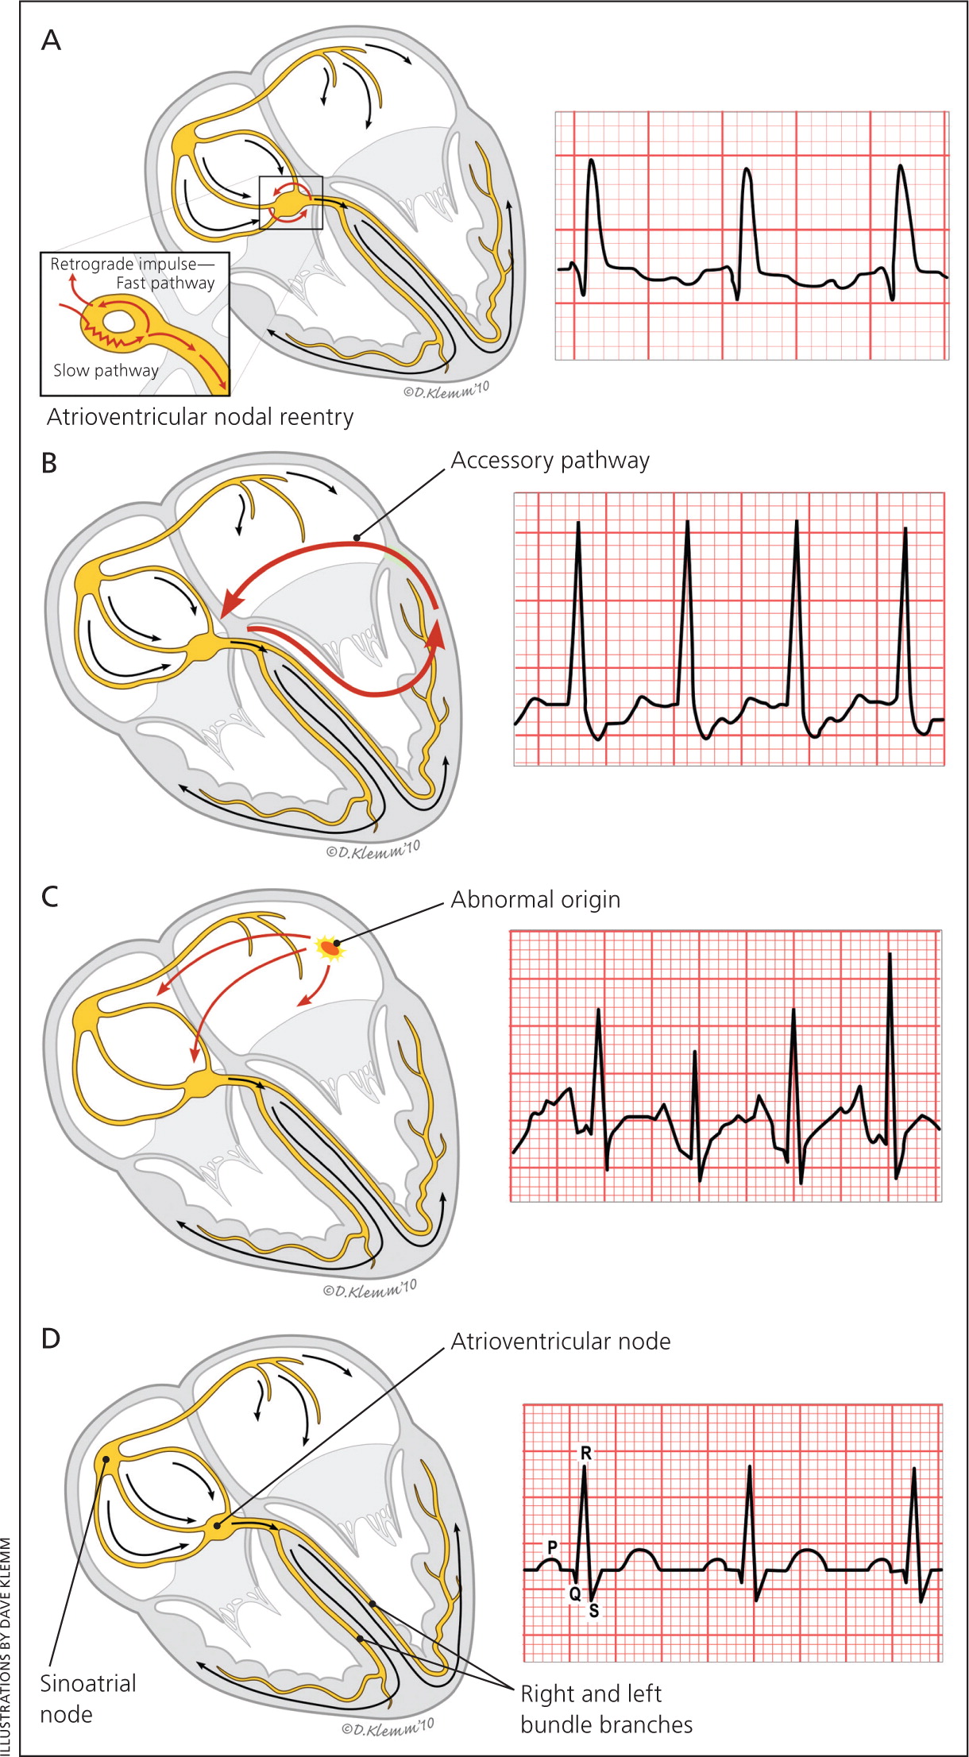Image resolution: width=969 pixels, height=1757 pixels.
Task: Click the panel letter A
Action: point(51,40)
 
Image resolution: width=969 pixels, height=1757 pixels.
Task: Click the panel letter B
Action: point(49,462)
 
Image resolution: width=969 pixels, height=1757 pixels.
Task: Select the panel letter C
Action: point(49,897)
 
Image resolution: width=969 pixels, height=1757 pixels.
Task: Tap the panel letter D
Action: point(50,1338)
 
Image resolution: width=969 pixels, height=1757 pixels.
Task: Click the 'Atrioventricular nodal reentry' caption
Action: point(200,417)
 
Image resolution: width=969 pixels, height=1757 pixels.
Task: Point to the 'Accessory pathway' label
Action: point(550,461)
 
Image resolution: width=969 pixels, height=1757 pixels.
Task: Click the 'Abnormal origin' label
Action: point(535,900)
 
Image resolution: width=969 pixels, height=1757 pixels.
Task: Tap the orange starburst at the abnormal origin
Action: point(330,948)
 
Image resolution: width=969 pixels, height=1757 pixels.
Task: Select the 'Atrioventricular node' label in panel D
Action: point(561,1342)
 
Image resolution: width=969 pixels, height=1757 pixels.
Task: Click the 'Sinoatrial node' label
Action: point(87,1698)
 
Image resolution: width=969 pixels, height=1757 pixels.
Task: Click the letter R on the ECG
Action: point(586,1453)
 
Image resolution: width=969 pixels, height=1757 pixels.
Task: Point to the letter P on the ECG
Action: point(552,1547)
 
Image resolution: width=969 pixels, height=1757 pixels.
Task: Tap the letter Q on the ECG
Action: point(575,1593)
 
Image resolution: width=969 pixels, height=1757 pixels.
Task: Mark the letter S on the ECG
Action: point(593,1611)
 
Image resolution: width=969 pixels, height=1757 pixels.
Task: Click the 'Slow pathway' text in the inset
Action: point(106,370)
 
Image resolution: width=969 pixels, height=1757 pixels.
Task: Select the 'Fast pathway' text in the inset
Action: point(165,283)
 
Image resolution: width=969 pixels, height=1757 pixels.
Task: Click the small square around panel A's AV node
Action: point(291,203)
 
